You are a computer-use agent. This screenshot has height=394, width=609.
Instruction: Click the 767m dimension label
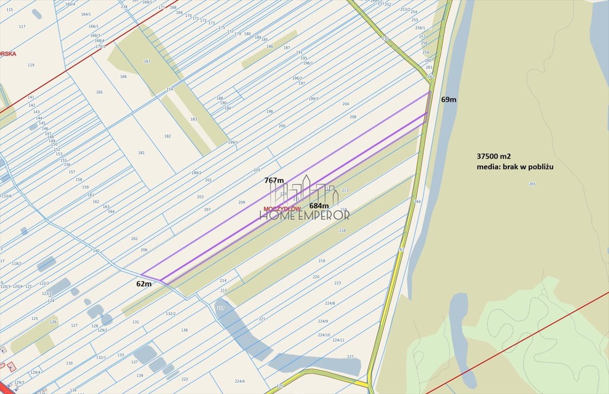click(x=274, y=180)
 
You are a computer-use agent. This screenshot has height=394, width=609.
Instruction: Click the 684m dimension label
click(x=319, y=205)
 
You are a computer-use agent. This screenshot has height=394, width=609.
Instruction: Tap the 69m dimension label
click(x=449, y=100)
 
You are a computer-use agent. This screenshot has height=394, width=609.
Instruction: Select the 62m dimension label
click(x=144, y=284)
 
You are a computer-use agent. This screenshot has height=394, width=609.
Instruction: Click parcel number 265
click(x=532, y=184)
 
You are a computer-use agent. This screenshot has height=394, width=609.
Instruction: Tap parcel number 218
click(x=342, y=230)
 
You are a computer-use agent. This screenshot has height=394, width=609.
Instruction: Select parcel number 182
click(x=168, y=136)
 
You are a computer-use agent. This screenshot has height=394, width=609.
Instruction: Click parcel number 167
click(x=147, y=62)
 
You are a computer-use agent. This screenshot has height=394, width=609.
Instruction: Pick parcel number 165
click(x=99, y=92)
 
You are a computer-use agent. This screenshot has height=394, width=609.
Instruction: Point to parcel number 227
click(x=350, y=357)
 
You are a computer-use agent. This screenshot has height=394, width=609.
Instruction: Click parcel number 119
click(x=31, y=65)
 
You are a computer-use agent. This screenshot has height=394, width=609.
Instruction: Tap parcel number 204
click(x=345, y=104)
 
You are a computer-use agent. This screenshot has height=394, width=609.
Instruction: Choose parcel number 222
click(x=184, y=379)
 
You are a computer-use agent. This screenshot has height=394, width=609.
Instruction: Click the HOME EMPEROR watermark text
click(x=304, y=215)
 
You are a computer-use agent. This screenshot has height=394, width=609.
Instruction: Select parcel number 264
click(x=417, y=202)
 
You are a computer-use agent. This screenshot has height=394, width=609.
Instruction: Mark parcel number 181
click(x=141, y=153)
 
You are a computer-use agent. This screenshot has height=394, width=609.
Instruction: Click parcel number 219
click(x=322, y=261)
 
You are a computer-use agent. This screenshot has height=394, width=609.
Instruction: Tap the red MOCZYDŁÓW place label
click(x=281, y=209)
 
